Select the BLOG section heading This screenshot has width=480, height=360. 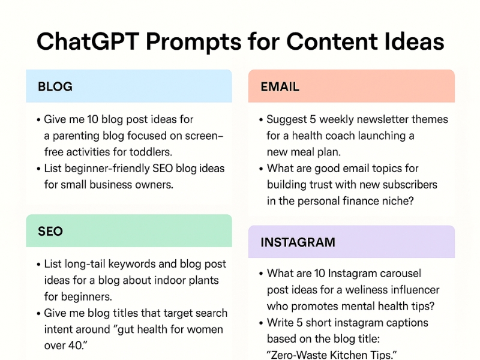55,86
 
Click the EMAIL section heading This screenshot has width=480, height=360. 280,86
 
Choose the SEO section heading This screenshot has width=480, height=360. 50,231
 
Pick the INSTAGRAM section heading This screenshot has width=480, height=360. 298,242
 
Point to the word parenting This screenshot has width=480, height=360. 76,136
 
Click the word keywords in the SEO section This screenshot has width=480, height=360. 143,264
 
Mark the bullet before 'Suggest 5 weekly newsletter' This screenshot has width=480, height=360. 260,120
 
